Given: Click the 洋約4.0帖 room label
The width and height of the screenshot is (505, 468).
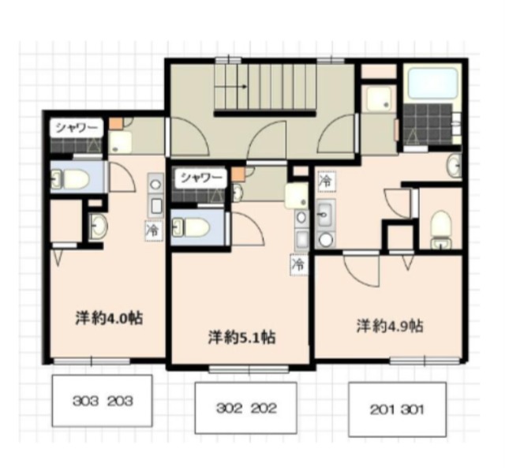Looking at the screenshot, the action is [x=109, y=318].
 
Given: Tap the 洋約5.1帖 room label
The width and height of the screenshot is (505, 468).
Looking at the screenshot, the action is [x=241, y=337].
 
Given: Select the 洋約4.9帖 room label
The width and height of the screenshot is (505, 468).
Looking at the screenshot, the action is [x=390, y=326].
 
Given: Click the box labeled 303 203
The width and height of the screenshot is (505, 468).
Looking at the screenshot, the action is [x=102, y=401].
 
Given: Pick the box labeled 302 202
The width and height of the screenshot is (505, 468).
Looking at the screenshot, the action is [x=245, y=408].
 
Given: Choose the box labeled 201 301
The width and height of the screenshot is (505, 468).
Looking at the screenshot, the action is [x=397, y=410].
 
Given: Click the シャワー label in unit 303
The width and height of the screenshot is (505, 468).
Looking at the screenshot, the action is [x=77, y=128].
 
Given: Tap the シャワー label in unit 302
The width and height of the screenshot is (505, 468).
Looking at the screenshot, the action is [x=200, y=177].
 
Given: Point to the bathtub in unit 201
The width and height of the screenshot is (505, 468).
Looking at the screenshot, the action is [x=433, y=83].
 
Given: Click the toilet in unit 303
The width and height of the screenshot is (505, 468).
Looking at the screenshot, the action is [x=71, y=178].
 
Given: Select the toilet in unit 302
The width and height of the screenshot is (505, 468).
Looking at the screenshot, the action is [x=191, y=227].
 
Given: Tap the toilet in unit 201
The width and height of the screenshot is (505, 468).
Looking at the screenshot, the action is [x=441, y=229].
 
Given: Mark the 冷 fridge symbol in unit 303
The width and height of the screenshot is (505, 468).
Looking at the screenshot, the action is [x=153, y=230].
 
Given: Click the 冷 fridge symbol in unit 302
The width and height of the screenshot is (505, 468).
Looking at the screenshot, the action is [x=298, y=264].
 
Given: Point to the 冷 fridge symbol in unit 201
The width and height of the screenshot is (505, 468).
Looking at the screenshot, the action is [x=326, y=182].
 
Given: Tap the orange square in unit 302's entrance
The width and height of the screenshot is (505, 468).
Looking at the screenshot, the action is [x=238, y=174].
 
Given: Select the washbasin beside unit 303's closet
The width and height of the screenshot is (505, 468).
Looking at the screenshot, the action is [x=98, y=225].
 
